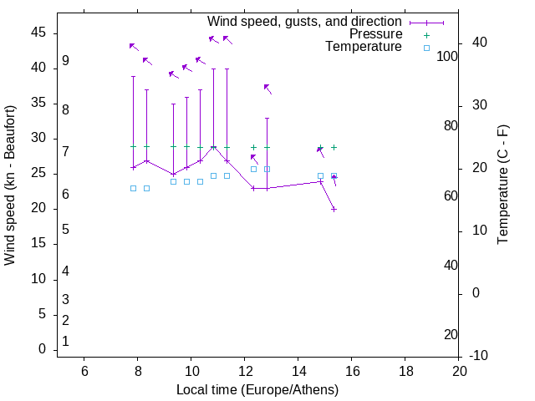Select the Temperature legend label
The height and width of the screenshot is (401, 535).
[x=364, y=47]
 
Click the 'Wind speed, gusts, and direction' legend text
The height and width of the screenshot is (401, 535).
[x=304, y=21]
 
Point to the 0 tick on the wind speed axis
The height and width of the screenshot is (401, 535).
[x=41, y=349]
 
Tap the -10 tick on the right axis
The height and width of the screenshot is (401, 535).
[x=480, y=356]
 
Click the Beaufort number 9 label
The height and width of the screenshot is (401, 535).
[x=65, y=62]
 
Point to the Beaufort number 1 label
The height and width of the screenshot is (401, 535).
[x=65, y=342]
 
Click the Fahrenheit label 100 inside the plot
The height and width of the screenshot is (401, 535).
[x=447, y=56]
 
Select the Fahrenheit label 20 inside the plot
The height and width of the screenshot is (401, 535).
[x=451, y=335]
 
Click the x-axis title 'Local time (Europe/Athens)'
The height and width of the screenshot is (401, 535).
[x=257, y=389]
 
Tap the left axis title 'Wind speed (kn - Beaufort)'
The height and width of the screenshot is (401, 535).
[x=11, y=185]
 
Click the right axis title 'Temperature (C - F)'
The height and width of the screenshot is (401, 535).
[x=502, y=185]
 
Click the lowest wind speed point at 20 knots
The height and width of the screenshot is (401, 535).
[x=334, y=209]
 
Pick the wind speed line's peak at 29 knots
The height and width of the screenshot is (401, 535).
[x=213, y=147]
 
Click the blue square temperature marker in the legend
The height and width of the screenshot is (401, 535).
[x=426, y=48]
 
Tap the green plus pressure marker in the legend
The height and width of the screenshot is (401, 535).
[x=426, y=35]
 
